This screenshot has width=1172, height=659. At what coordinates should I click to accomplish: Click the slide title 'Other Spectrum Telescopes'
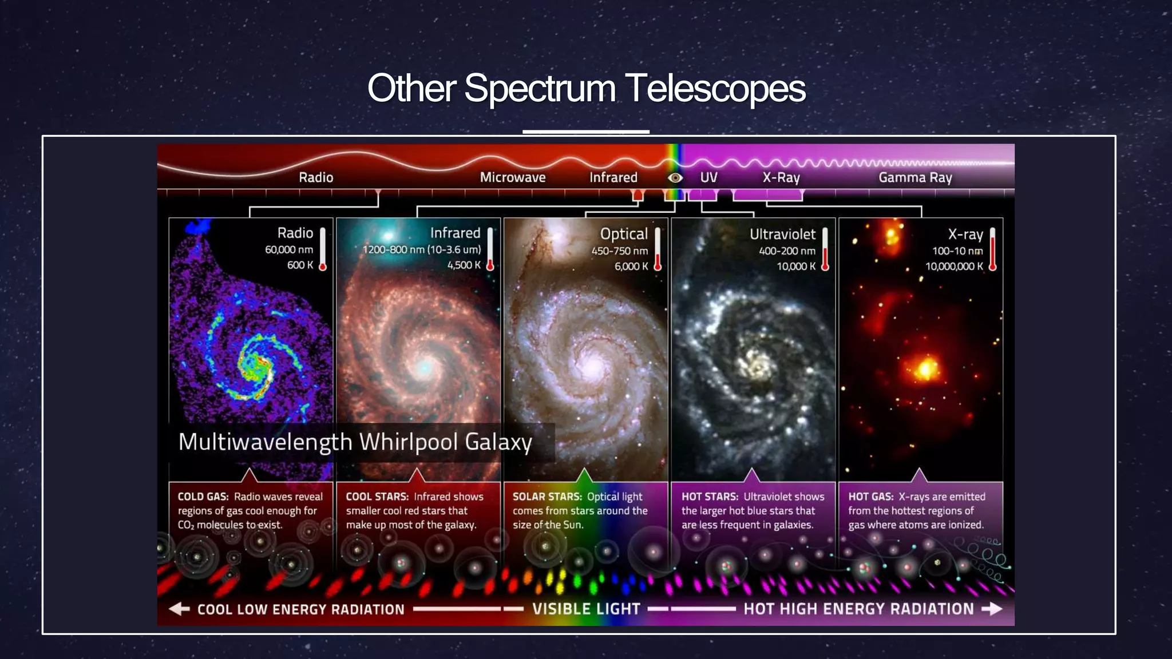click(586, 89)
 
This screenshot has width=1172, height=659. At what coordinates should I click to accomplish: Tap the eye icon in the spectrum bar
click(675, 178)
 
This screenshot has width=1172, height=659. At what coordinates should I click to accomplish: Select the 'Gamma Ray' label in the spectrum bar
click(915, 178)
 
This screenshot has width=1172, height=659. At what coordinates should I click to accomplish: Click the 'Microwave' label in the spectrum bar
click(513, 177)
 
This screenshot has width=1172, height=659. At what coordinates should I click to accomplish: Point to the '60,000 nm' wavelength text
click(289, 250)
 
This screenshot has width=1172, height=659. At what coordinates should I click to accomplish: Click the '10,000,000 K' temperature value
click(954, 267)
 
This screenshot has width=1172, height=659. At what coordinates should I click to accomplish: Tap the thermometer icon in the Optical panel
click(658, 249)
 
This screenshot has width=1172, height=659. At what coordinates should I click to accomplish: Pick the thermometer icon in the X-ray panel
click(992, 249)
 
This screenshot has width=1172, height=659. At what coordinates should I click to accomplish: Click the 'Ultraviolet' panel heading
click(782, 234)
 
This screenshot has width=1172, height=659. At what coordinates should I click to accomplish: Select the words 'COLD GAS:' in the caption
click(203, 497)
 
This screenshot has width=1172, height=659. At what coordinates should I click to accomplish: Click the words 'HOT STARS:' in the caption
click(710, 497)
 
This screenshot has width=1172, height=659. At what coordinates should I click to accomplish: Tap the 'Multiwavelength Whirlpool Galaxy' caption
click(355, 442)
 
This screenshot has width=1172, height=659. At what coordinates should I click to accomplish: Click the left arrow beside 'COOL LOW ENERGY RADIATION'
click(179, 609)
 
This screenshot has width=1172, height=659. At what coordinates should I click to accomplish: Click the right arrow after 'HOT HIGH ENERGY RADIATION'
click(992, 609)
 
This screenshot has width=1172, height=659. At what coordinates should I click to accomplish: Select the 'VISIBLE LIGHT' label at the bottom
click(586, 609)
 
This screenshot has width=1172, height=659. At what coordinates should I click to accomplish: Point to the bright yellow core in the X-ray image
click(925, 368)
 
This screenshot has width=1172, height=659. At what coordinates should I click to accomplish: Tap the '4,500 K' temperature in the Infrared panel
click(464, 265)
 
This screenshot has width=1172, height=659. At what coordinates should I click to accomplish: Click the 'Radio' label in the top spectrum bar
click(316, 177)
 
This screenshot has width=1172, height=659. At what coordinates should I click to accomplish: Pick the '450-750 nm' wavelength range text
click(620, 251)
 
